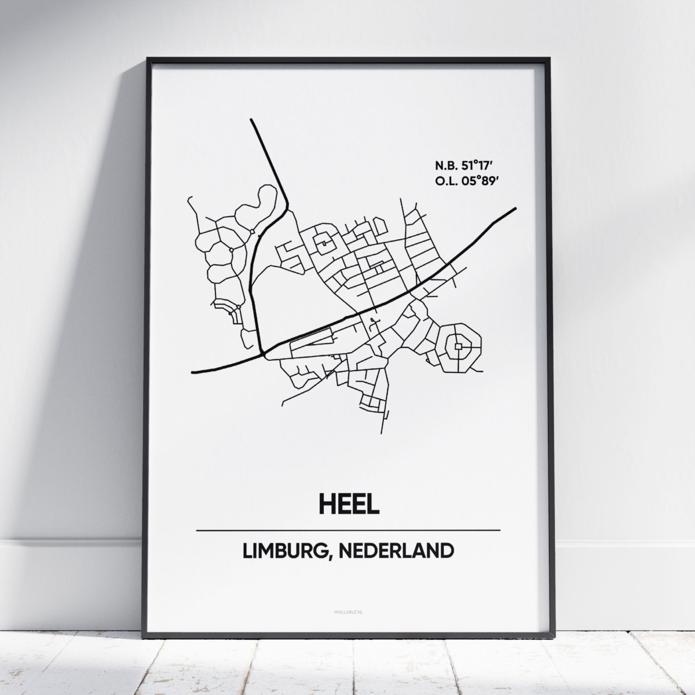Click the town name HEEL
point(348,503)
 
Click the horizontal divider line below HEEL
point(348,530)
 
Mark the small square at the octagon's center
point(458,346)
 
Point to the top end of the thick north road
point(251,120)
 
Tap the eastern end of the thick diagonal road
point(514,209)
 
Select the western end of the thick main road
point(193,371)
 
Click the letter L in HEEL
point(372,503)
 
